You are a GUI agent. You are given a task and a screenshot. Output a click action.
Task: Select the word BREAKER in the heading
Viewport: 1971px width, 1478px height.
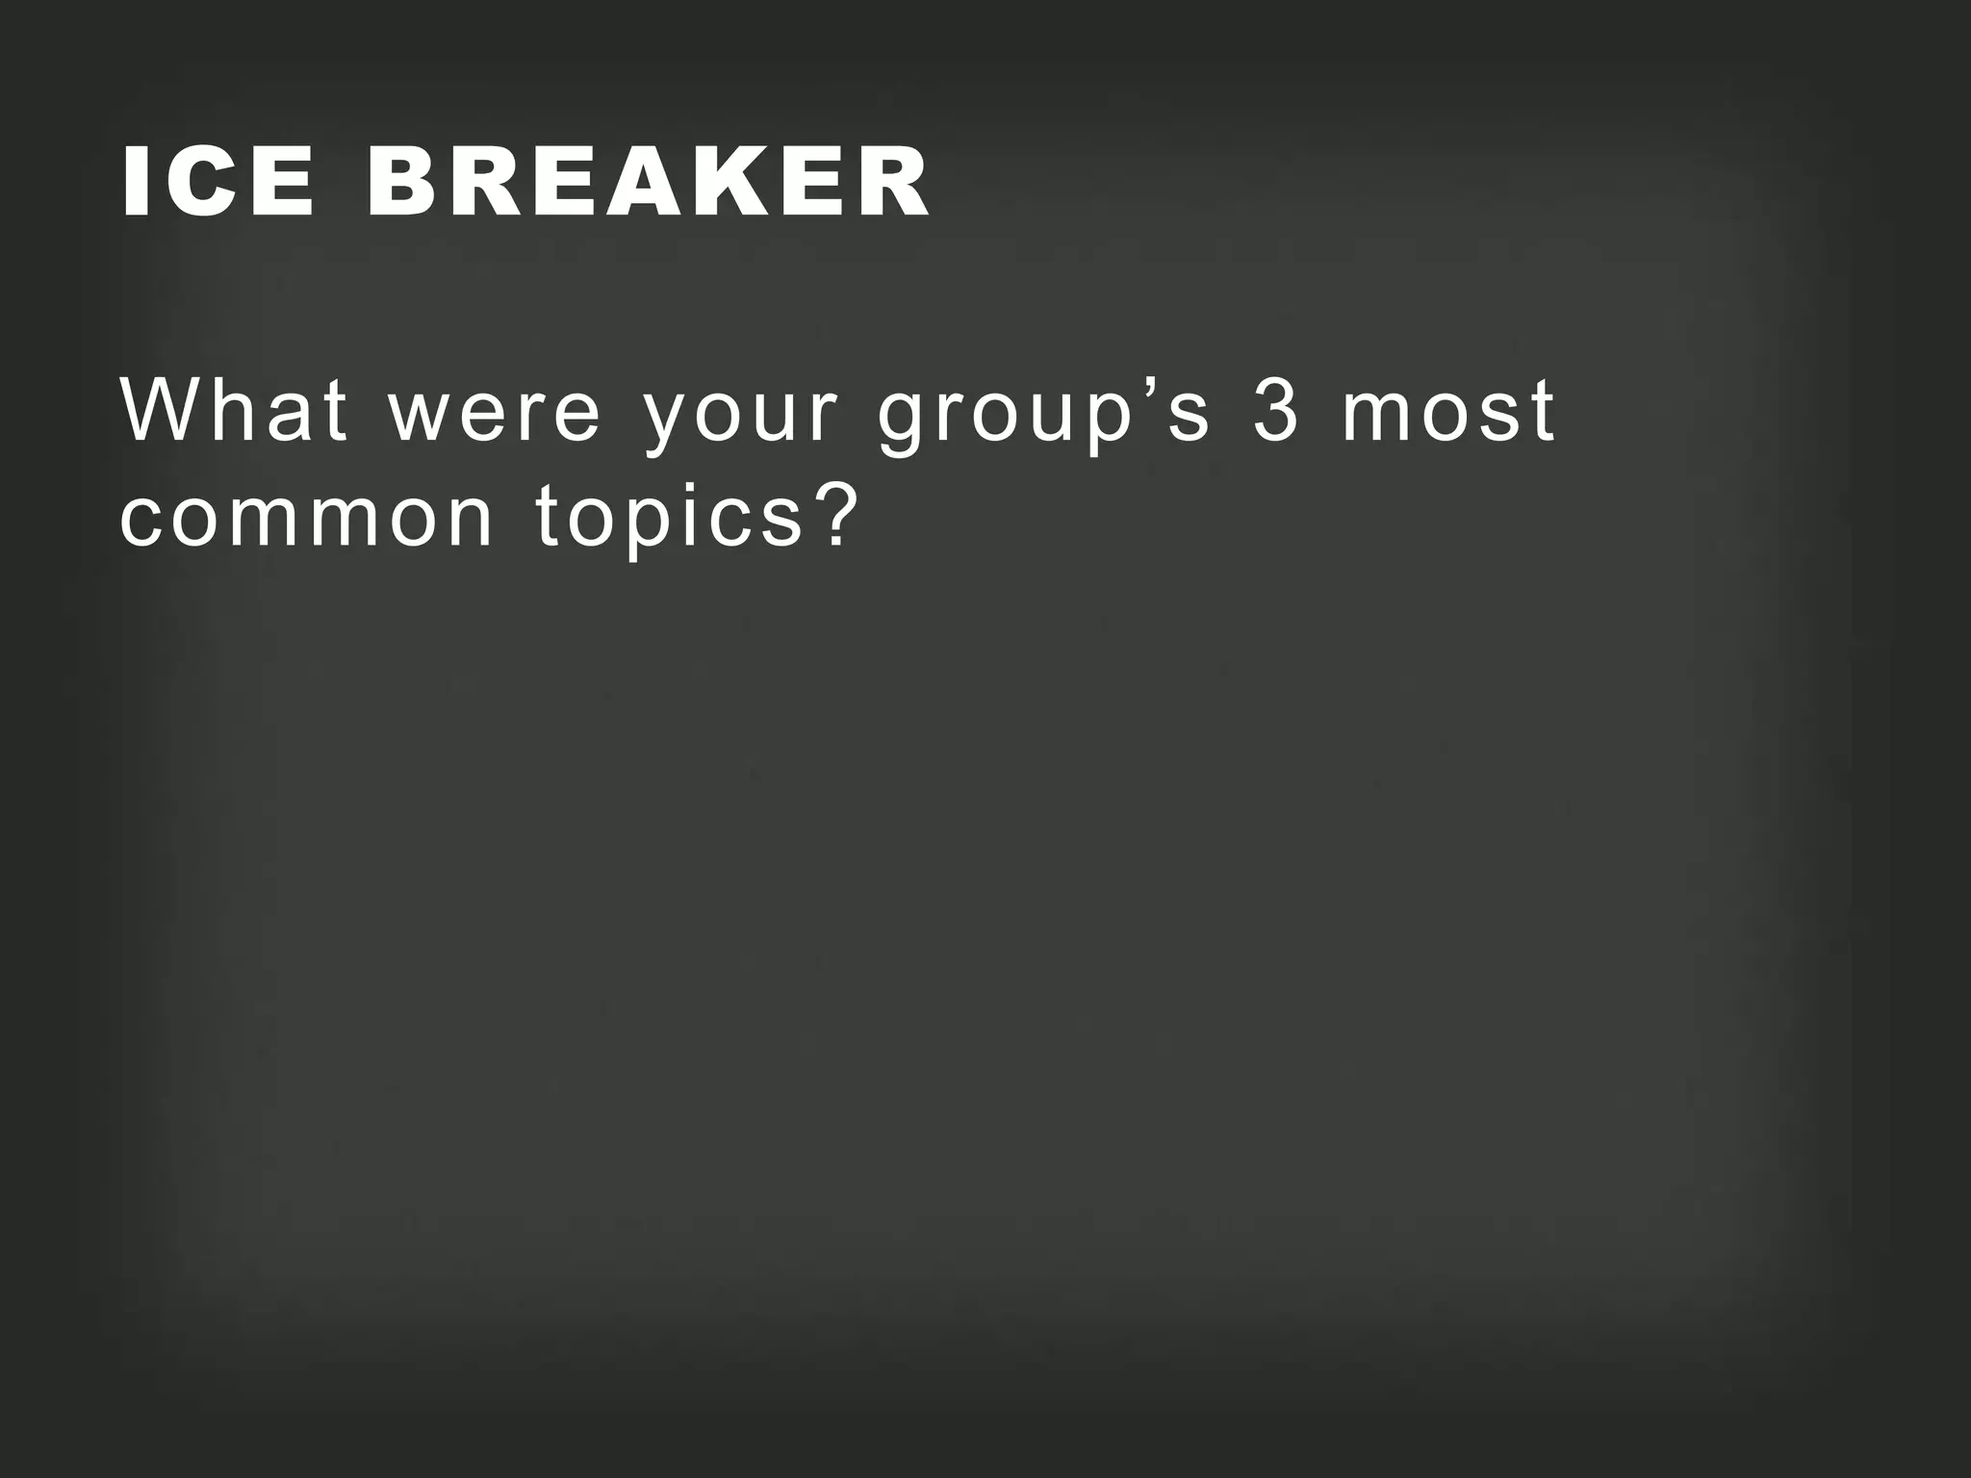[x=647, y=182]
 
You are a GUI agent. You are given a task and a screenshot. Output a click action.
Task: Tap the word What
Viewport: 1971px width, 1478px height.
[x=233, y=411]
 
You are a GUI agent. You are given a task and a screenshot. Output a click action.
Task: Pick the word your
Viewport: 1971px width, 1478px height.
[x=741, y=420]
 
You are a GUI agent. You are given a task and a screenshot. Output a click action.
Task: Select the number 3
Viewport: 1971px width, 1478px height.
[x=1276, y=411]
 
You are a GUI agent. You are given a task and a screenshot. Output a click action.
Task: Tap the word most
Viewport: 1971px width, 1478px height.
[x=1447, y=412]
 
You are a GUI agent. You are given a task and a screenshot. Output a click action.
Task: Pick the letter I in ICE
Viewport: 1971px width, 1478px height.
[x=135, y=182]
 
